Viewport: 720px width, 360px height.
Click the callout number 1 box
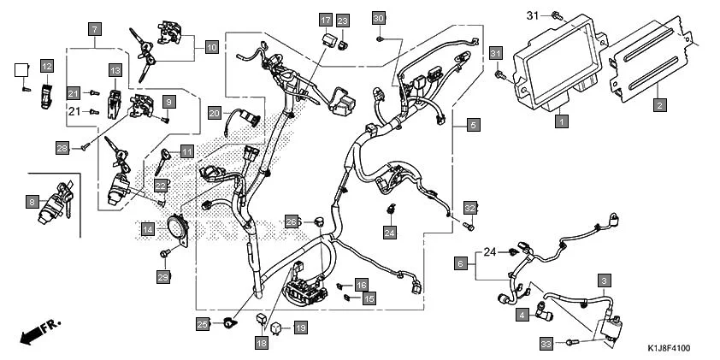(x=560, y=123)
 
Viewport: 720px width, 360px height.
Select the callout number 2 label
(x=658, y=105)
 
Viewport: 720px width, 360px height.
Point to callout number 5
(x=472, y=125)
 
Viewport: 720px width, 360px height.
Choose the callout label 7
(x=94, y=29)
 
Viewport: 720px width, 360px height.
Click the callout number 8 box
(x=32, y=203)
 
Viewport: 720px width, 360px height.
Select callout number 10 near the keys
(x=211, y=47)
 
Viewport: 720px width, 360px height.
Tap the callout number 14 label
(x=148, y=229)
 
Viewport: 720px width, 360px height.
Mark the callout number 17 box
(x=325, y=20)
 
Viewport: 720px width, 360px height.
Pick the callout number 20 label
(x=214, y=113)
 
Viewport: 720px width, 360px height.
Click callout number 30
(x=379, y=18)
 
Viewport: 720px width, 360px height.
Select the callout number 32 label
(x=469, y=208)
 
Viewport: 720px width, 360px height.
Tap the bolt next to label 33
(x=572, y=342)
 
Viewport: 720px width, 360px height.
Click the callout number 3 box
(x=605, y=280)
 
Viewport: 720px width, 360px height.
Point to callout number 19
(x=299, y=328)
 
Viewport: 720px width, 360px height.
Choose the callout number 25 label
(x=203, y=323)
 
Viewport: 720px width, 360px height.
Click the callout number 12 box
(x=46, y=66)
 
